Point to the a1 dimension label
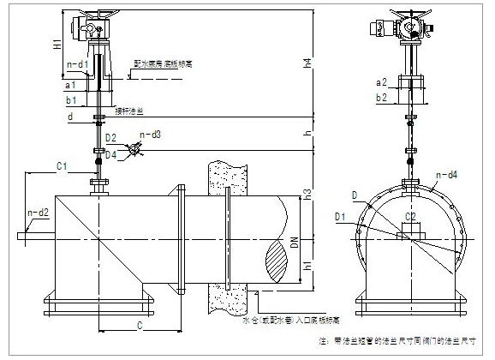(72, 86)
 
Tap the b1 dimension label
(72, 100)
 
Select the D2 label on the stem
(110, 137)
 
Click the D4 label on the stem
(110, 154)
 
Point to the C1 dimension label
(62, 165)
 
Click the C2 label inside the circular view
(410, 217)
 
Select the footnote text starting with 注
(395, 340)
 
